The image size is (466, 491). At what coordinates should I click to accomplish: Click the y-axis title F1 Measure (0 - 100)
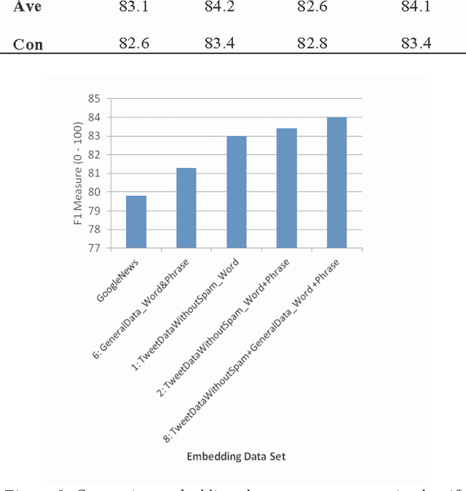pos(79,173)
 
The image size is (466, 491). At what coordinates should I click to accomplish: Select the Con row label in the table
pos(28,44)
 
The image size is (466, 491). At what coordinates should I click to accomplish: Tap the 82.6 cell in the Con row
pos(134,44)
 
